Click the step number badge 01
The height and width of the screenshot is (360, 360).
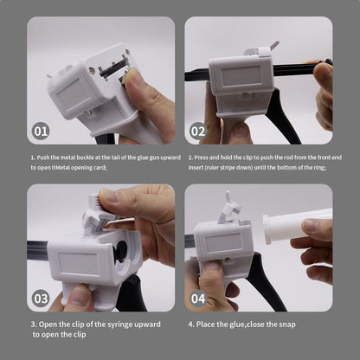tap(41, 132)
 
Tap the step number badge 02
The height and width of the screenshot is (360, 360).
tap(198, 132)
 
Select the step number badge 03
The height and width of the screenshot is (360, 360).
tap(41, 299)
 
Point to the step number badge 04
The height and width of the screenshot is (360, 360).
tap(198, 299)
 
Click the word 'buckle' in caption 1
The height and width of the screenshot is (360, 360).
tap(85, 157)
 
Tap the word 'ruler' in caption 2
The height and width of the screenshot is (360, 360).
tap(212, 168)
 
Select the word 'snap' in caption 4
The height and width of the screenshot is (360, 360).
tap(287, 325)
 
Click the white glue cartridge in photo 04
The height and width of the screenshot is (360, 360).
tap(297, 225)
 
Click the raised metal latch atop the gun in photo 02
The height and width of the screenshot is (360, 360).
tap(274, 45)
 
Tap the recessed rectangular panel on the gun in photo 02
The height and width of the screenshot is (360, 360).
tap(242, 76)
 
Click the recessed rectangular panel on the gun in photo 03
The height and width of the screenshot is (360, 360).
tap(79, 264)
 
